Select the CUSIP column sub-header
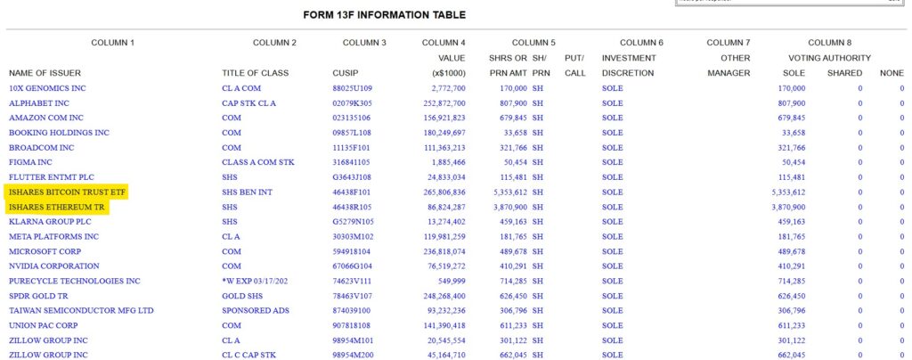click(345, 73)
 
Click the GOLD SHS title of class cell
click(242, 295)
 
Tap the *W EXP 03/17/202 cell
click(257, 281)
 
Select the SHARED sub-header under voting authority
click(844, 73)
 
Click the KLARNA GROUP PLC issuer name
click(50, 221)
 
